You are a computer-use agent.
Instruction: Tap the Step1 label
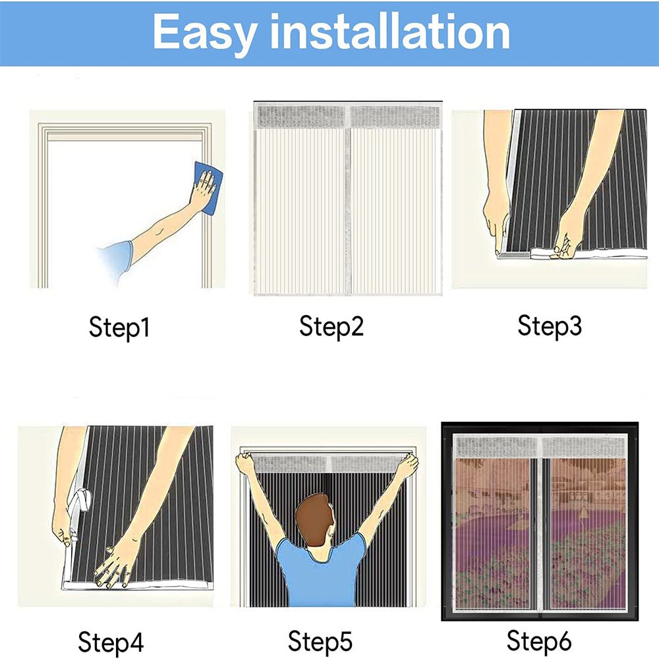[x=119, y=328]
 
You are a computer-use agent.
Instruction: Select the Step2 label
[x=331, y=326]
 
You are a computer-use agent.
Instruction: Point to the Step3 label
[x=550, y=326]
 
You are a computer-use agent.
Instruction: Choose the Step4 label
[x=111, y=641]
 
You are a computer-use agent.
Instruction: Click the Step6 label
[x=539, y=640]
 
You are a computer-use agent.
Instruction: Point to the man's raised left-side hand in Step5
[x=246, y=464]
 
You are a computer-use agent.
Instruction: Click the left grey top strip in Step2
[x=301, y=117]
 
